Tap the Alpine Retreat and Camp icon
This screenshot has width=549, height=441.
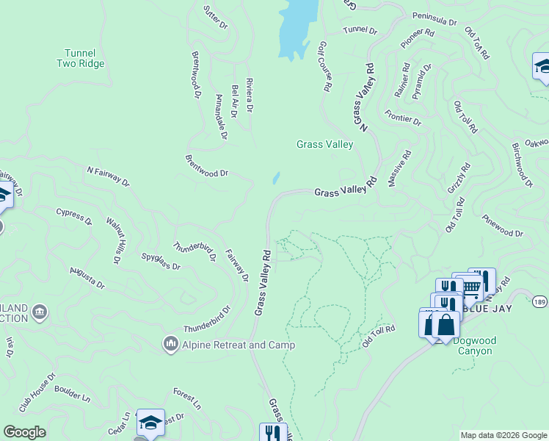click(170, 343)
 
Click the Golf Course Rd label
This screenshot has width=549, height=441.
click(323, 66)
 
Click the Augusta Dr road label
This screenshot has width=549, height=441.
click(86, 277)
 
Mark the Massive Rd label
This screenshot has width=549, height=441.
click(400, 168)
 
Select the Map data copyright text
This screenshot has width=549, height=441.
click(503, 435)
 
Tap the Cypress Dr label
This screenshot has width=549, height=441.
click(74, 216)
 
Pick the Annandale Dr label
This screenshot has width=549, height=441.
click(221, 116)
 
